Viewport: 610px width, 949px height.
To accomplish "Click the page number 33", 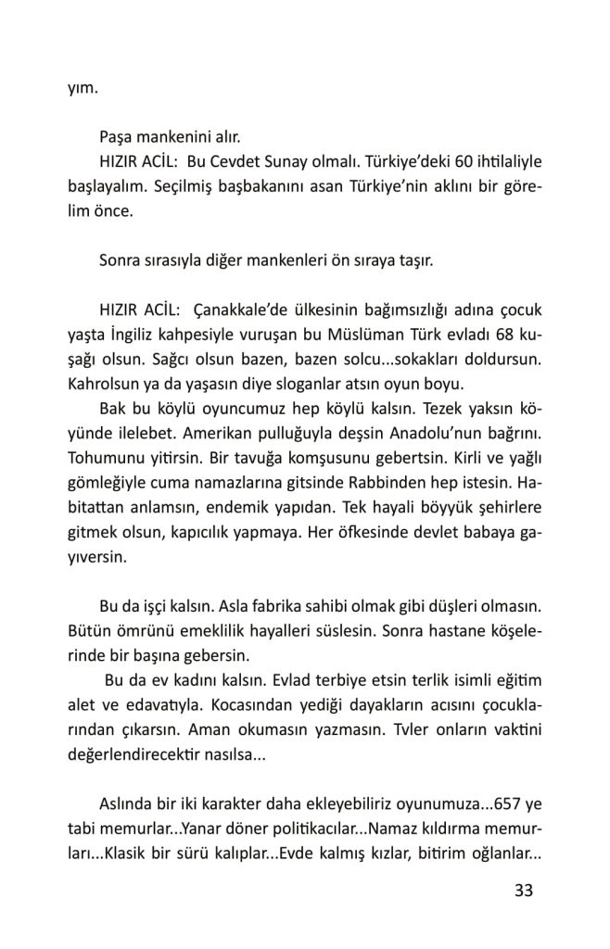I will [x=524, y=891].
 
